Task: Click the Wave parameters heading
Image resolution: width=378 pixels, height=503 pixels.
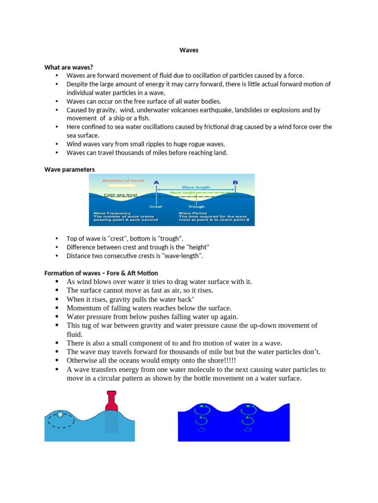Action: pyautogui.click(x=69, y=169)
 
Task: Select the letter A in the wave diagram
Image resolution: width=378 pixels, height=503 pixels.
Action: pyautogui.click(x=157, y=183)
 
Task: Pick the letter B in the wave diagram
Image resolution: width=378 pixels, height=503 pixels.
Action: pyautogui.click(x=235, y=183)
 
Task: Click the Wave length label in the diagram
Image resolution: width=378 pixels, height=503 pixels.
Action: pyautogui.click(x=196, y=187)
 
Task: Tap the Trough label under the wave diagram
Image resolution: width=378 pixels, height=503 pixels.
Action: pyautogui.click(x=196, y=207)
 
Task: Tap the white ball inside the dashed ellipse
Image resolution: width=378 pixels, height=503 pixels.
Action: pyautogui.click(x=60, y=415)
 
